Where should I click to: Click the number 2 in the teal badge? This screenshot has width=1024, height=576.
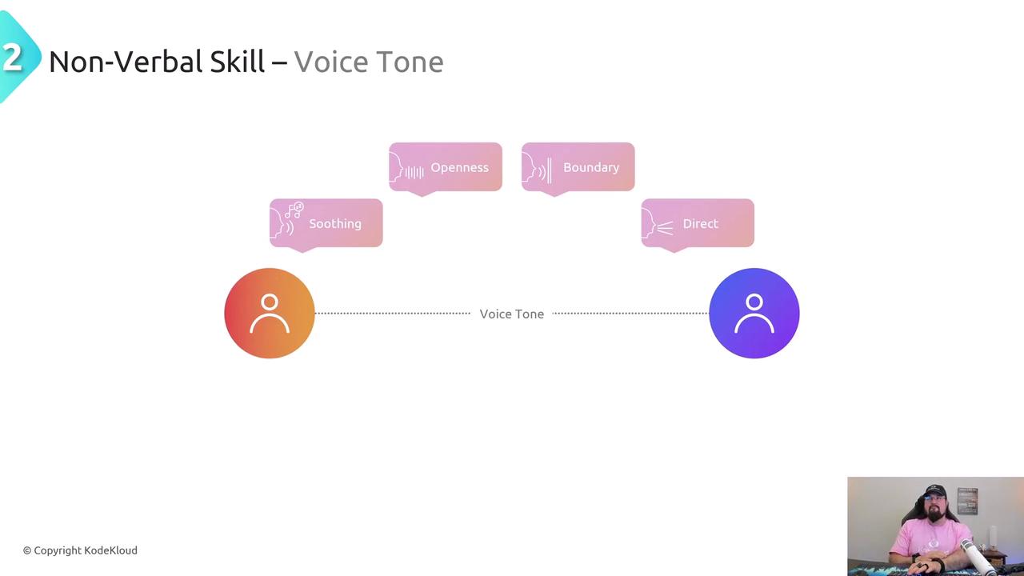(12, 58)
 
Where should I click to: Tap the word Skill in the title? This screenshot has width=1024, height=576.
(238, 62)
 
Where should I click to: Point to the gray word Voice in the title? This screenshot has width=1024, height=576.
(327, 62)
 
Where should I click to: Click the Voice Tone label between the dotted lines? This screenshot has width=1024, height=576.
(511, 314)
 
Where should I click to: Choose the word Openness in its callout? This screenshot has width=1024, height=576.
(459, 167)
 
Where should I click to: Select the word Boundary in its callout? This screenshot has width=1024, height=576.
(591, 167)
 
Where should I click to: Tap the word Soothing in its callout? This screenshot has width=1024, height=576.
(335, 224)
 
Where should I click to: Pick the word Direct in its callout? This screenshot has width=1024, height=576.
(700, 224)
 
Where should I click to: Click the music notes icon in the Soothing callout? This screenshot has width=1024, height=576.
(294, 210)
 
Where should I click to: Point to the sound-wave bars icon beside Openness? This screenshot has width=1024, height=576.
(414, 171)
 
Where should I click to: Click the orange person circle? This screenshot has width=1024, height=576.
(270, 313)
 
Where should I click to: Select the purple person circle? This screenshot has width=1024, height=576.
(754, 313)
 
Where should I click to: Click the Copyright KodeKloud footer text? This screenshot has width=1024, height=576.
(80, 550)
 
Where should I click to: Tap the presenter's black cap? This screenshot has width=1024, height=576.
(933, 491)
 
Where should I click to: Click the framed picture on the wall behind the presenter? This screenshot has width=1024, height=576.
(967, 500)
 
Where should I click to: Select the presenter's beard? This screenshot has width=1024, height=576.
(933, 517)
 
